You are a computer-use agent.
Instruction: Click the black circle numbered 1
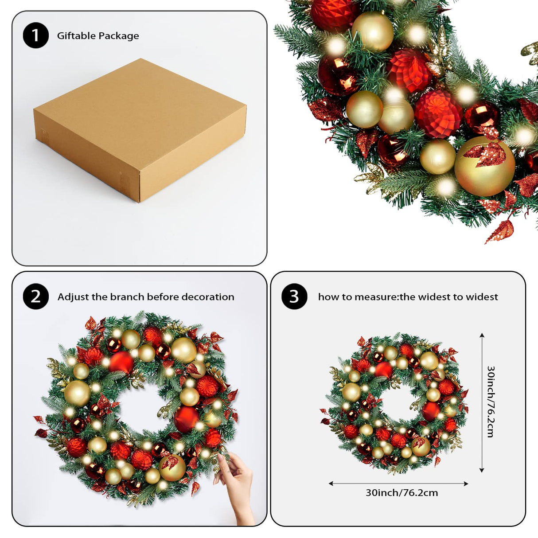point(35,35)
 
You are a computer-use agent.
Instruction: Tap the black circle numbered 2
point(35,296)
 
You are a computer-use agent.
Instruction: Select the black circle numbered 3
point(294,296)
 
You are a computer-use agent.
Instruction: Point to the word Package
point(119,36)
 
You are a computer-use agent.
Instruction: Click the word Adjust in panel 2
point(73,297)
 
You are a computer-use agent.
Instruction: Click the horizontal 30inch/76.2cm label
point(402,493)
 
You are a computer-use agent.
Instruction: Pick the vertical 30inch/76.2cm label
point(491,402)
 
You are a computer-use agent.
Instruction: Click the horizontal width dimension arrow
point(398,483)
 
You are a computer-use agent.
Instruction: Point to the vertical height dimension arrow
point(482,402)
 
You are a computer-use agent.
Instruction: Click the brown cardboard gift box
point(140,129)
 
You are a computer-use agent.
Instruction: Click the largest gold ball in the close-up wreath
point(484,167)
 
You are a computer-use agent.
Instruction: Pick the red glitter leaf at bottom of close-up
point(500,232)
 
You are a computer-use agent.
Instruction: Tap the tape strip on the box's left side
point(45,135)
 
